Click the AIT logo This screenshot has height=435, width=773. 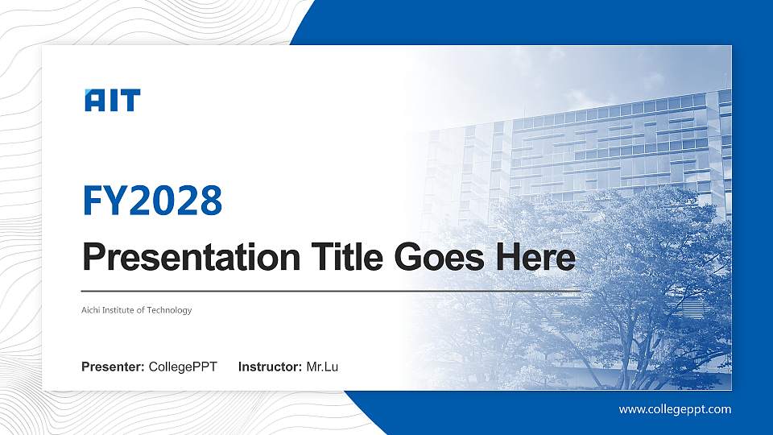(113, 101)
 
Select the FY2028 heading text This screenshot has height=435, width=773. (152, 201)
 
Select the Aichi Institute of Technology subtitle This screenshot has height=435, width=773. (137, 310)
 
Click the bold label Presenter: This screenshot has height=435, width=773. (113, 367)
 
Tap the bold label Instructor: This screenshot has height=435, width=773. (271, 367)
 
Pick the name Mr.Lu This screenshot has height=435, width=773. (322, 367)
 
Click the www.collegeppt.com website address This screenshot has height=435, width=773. (675, 409)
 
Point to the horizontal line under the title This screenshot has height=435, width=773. (330, 290)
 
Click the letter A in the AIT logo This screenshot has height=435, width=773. (94, 101)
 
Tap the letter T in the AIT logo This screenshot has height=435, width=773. (130, 101)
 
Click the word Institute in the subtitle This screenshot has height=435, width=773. (122, 310)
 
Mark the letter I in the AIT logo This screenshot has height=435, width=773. (113, 101)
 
